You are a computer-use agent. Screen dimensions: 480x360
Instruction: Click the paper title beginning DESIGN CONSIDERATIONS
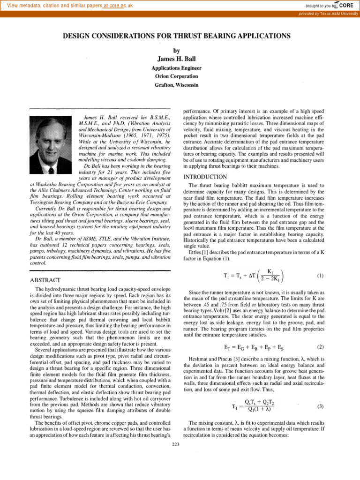pos(180,36)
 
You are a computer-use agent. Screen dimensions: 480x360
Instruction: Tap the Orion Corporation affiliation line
pos(180,76)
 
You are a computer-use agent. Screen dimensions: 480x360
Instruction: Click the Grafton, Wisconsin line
pos(180,85)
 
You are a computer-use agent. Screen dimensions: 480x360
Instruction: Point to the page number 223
pos(176,444)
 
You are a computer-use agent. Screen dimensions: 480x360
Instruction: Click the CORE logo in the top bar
pos(345,6)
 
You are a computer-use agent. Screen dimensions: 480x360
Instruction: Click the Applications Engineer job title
pos(180,67)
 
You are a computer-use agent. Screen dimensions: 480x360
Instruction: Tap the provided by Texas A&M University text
pos(329,14)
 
